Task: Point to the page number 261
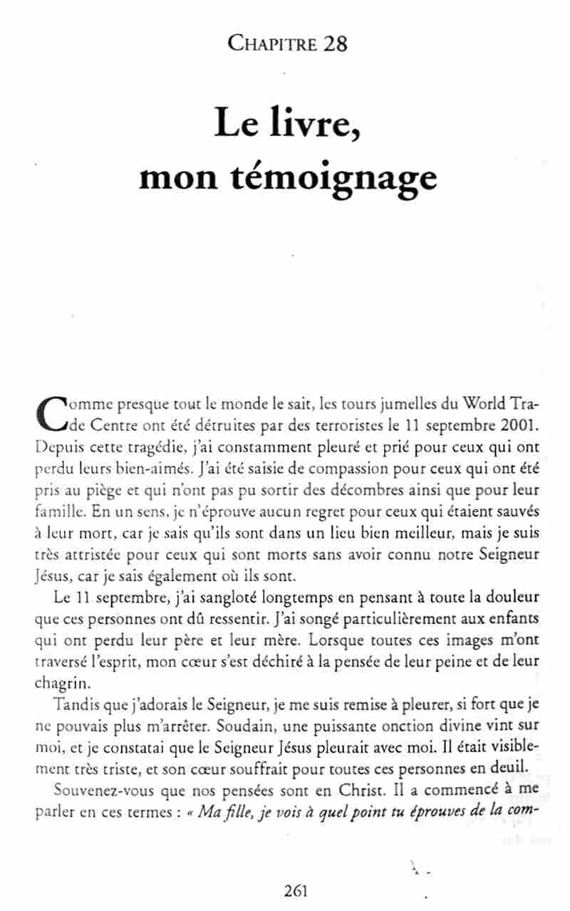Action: pyautogui.click(x=294, y=890)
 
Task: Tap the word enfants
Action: pyautogui.click(x=514, y=617)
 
